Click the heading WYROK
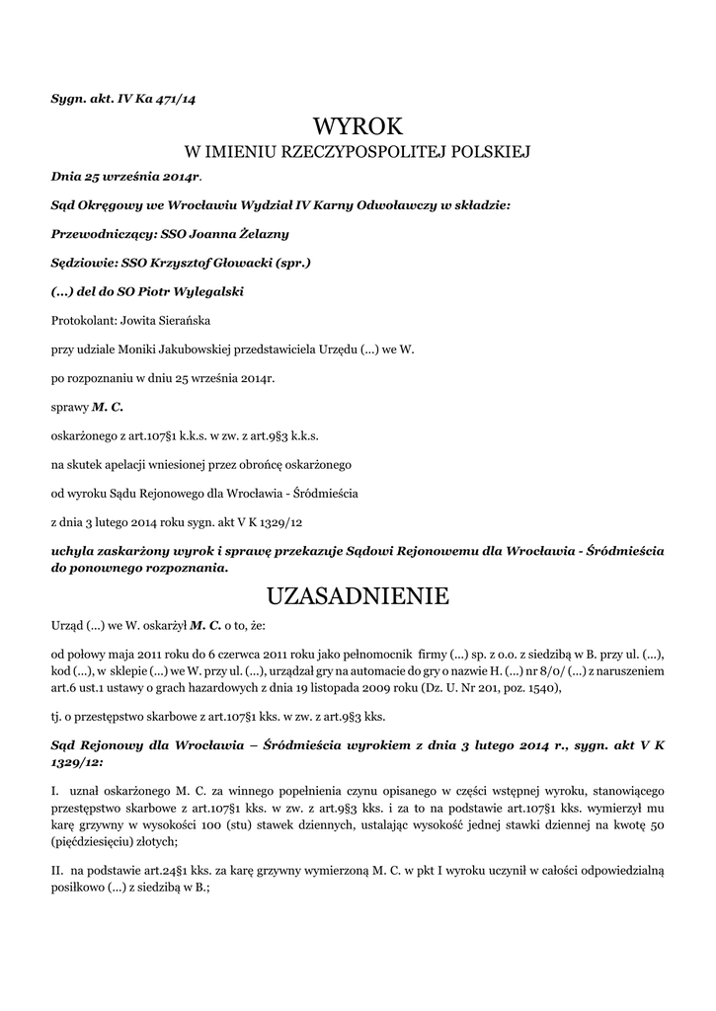[x=358, y=125]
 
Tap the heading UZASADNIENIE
[x=358, y=595]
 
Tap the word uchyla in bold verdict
[x=72, y=548]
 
